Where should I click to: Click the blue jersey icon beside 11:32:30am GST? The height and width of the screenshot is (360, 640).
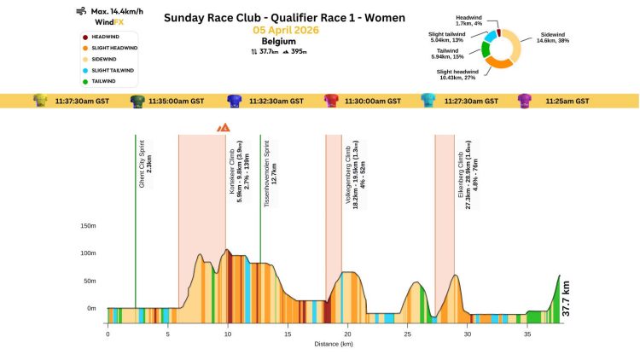click(233, 101)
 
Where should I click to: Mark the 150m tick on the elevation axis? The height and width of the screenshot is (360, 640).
click(88, 226)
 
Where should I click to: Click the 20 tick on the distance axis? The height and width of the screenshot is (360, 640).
click(348, 335)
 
